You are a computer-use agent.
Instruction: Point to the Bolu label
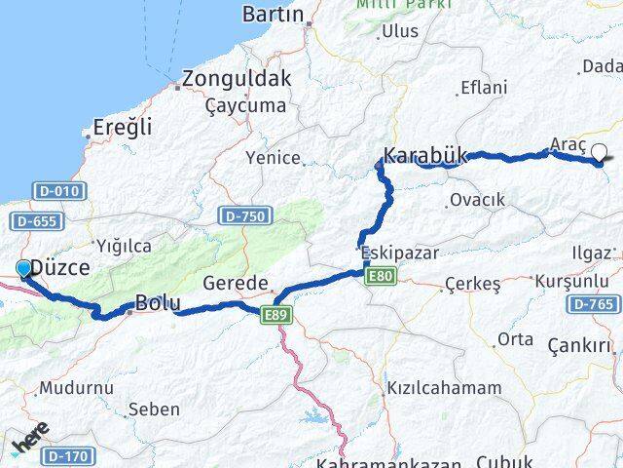[158, 303]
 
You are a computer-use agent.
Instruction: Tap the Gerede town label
[236, 284]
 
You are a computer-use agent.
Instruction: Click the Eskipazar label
[399, 253]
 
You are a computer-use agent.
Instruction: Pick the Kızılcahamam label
[444, 388]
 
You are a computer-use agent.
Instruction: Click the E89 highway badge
[275, 312]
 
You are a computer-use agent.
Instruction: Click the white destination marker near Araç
[599, 151]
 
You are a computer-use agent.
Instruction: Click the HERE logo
[29, 444]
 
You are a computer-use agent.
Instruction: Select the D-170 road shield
[67, 455]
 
